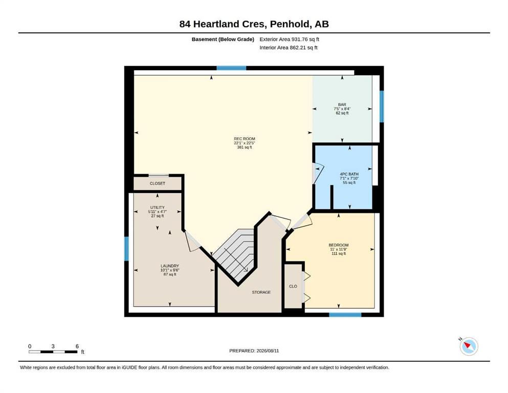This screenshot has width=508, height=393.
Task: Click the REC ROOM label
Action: click(x=245, y=139)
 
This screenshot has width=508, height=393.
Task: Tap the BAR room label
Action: click(x=342, y=105)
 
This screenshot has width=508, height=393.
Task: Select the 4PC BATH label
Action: click(x=349, y=174)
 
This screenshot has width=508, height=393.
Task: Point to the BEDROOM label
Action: click(x=339, y=245)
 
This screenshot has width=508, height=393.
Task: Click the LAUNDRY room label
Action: click(x=170, y=266)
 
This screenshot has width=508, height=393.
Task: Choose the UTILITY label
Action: click(x=158, y=207)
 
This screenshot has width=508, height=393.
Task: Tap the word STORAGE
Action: click(x=261, y=292)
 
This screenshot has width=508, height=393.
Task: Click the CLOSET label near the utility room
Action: click(x=158, y=183)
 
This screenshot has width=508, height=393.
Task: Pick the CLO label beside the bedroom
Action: click(x=293, y=287)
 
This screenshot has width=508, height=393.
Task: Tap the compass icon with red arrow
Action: click(x=469, y=346)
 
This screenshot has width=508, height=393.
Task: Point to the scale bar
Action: click(x=53, y=352)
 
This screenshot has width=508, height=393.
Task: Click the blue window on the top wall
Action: click(x=231, y=68)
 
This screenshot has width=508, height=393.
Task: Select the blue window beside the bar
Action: click(x=382, y=106)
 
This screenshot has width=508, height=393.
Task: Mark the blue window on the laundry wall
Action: click(x=126, y=249)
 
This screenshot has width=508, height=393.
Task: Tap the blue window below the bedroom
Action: click(x=345, y=315)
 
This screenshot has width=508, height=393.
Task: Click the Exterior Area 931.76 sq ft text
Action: click(x=290, y=39)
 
